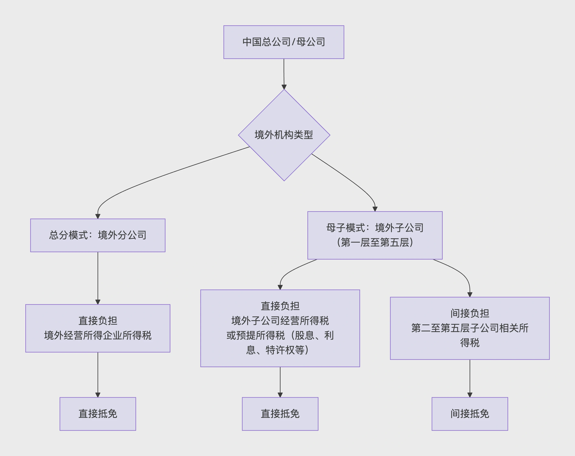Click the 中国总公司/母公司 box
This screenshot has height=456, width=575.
click(x=284, y=42)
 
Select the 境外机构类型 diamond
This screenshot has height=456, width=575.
click(x=284, y=135)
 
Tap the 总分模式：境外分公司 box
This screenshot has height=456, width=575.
click(x=98, y=235)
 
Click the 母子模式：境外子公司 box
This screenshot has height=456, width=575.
click(x=375, y=235)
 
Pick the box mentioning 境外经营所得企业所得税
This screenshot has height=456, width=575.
click(x=98, y=328)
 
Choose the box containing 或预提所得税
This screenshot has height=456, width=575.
click(x=280, y=328)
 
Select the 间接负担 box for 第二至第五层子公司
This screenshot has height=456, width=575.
click(x=470, y=328)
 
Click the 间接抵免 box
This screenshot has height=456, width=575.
click(x=470, y=414)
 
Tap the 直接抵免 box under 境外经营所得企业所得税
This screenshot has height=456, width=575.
click(x=98, y=414)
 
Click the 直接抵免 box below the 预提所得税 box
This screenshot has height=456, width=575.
click(x=280, y=414)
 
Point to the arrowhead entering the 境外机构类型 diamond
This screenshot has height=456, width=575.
click(x=284, y=87)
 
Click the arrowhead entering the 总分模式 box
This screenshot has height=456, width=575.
click(x=98, y=216)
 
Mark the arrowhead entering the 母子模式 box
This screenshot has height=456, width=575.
click(x=375, y=209)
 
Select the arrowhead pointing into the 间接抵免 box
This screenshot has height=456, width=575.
click(x=470, y=395)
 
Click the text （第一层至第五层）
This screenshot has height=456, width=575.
click(x=375, y=243)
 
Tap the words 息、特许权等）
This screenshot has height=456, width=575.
click(x=277, y=350)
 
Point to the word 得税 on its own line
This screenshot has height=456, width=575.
click(x=470, y=343)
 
